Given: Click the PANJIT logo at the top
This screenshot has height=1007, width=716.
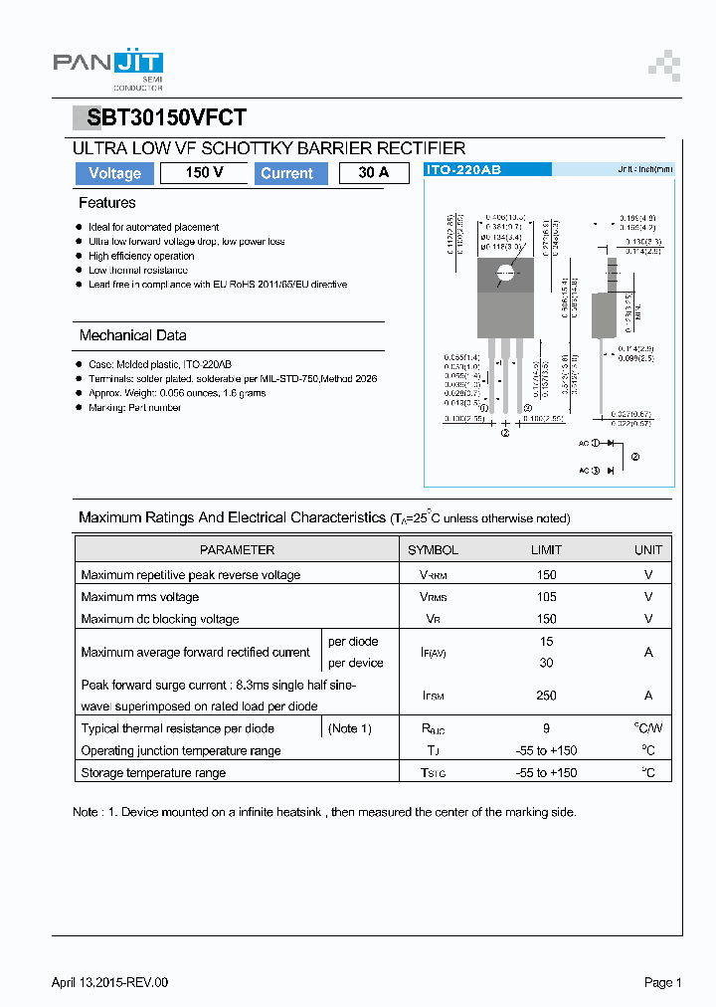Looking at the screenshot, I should coord(107,66).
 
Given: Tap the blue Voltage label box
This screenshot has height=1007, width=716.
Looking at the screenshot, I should coord(114,173).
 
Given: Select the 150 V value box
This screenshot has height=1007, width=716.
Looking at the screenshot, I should coord(204,173).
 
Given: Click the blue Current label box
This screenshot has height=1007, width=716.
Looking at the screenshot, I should coord(286,173).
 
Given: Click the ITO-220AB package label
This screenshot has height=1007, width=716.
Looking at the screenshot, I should coord(463,170).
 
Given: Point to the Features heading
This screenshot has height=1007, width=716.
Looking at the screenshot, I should coord(107,203).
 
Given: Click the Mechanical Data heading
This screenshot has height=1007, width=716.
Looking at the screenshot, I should coord(132,335).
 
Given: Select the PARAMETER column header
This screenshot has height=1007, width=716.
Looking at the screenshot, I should coord(237,549).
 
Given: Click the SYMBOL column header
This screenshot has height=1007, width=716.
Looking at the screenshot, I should coord(434,549).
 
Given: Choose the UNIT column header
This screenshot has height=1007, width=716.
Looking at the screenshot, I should coord(648,549).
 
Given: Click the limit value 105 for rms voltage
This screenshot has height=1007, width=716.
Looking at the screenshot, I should coord(546,597).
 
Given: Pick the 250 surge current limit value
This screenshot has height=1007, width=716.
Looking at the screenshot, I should coord(546,696).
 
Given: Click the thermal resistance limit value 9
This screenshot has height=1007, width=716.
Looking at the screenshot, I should coord(546,728).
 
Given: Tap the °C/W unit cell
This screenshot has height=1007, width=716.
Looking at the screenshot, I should coord(648,728).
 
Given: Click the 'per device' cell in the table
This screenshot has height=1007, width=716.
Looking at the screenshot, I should coord(355,663).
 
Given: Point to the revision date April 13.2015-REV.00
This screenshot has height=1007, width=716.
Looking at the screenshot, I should coord(109,982).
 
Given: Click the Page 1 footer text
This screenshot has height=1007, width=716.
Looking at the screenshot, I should coord(662,982).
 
